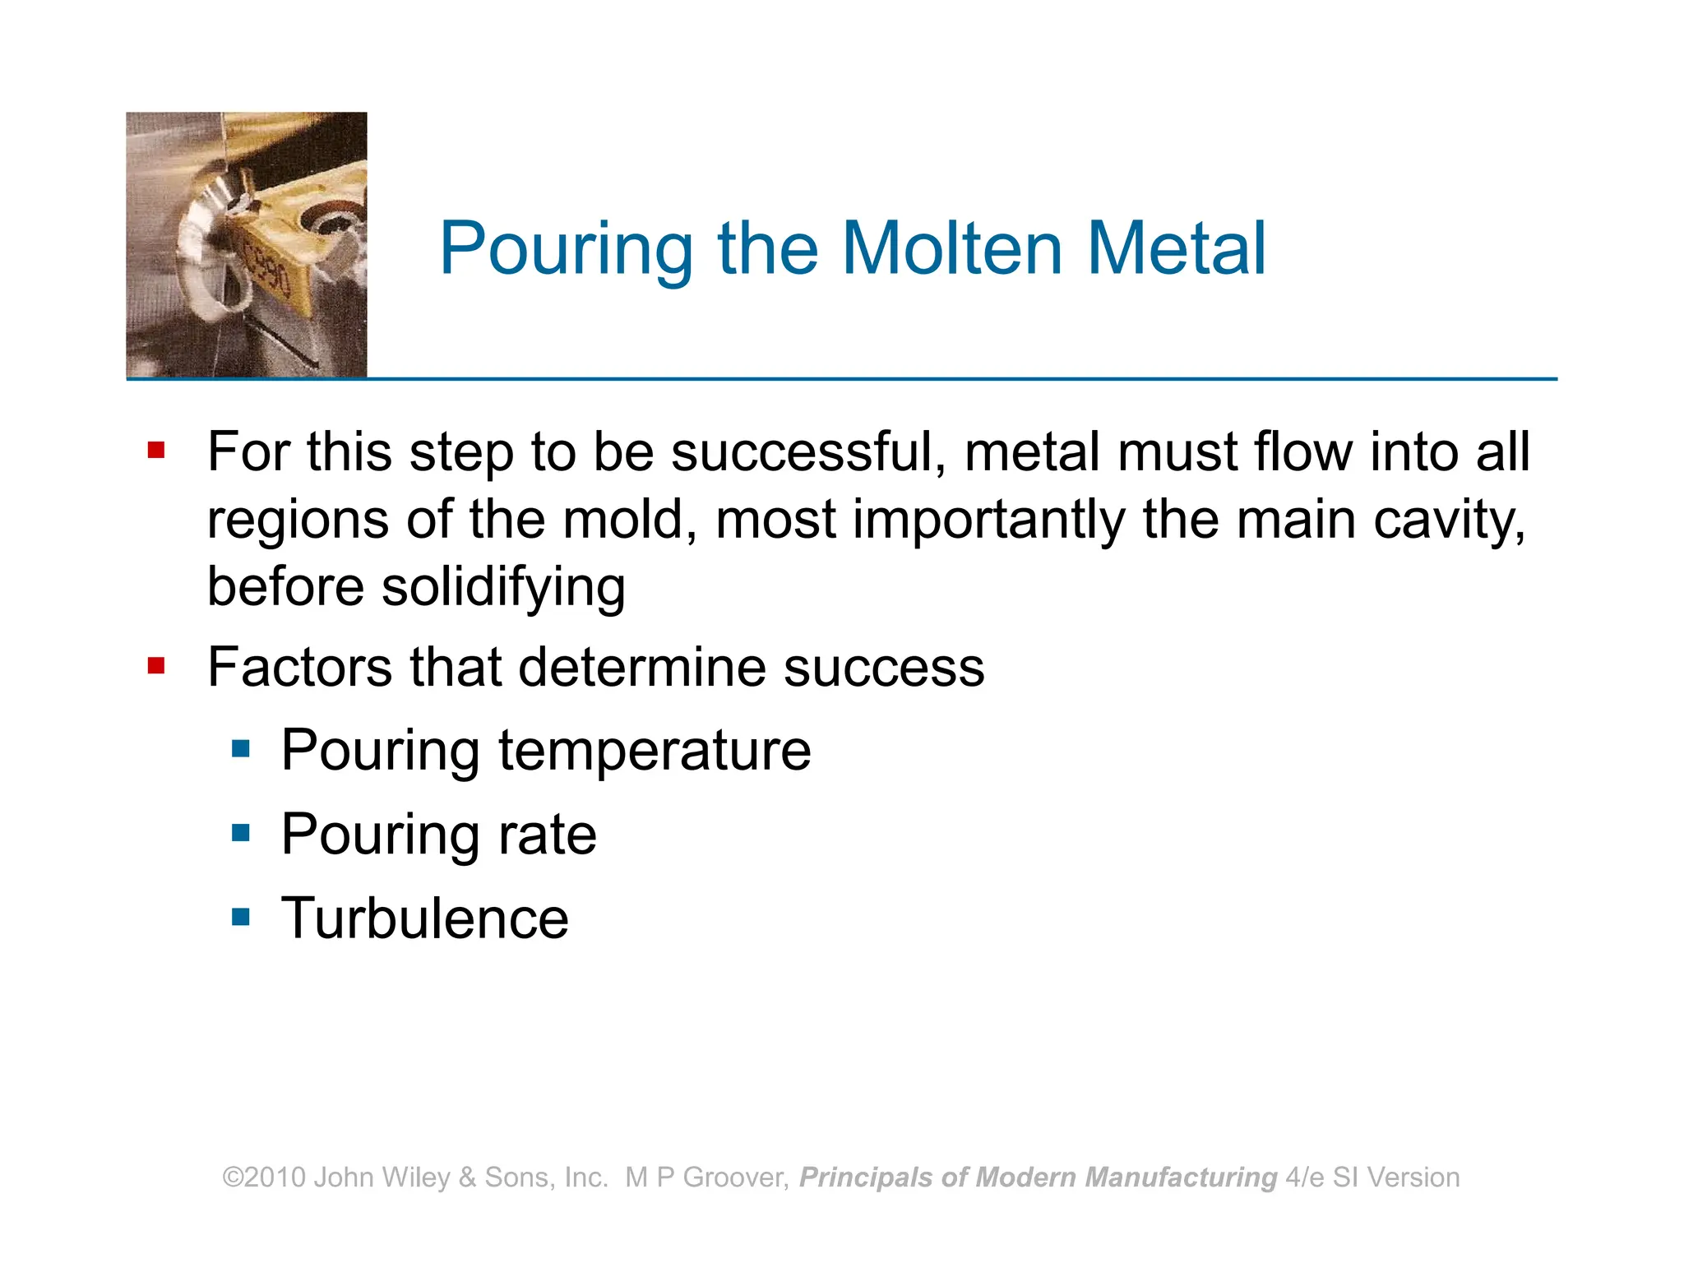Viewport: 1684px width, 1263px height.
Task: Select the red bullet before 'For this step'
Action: click(156, 450)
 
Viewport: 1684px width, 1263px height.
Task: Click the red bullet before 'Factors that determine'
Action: click(156, 664)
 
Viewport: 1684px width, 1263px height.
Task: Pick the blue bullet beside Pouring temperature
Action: click(241, 748)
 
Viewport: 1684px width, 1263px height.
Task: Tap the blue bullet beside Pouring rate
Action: click(241, 833)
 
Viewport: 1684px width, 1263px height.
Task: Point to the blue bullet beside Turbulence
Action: click(241, 916)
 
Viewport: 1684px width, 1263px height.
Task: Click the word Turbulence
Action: click(424, 918)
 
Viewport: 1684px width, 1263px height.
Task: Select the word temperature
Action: click(655, 750)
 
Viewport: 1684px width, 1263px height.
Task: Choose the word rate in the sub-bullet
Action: click(547, 835)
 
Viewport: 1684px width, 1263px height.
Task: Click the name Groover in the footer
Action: click(735, 1177)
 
